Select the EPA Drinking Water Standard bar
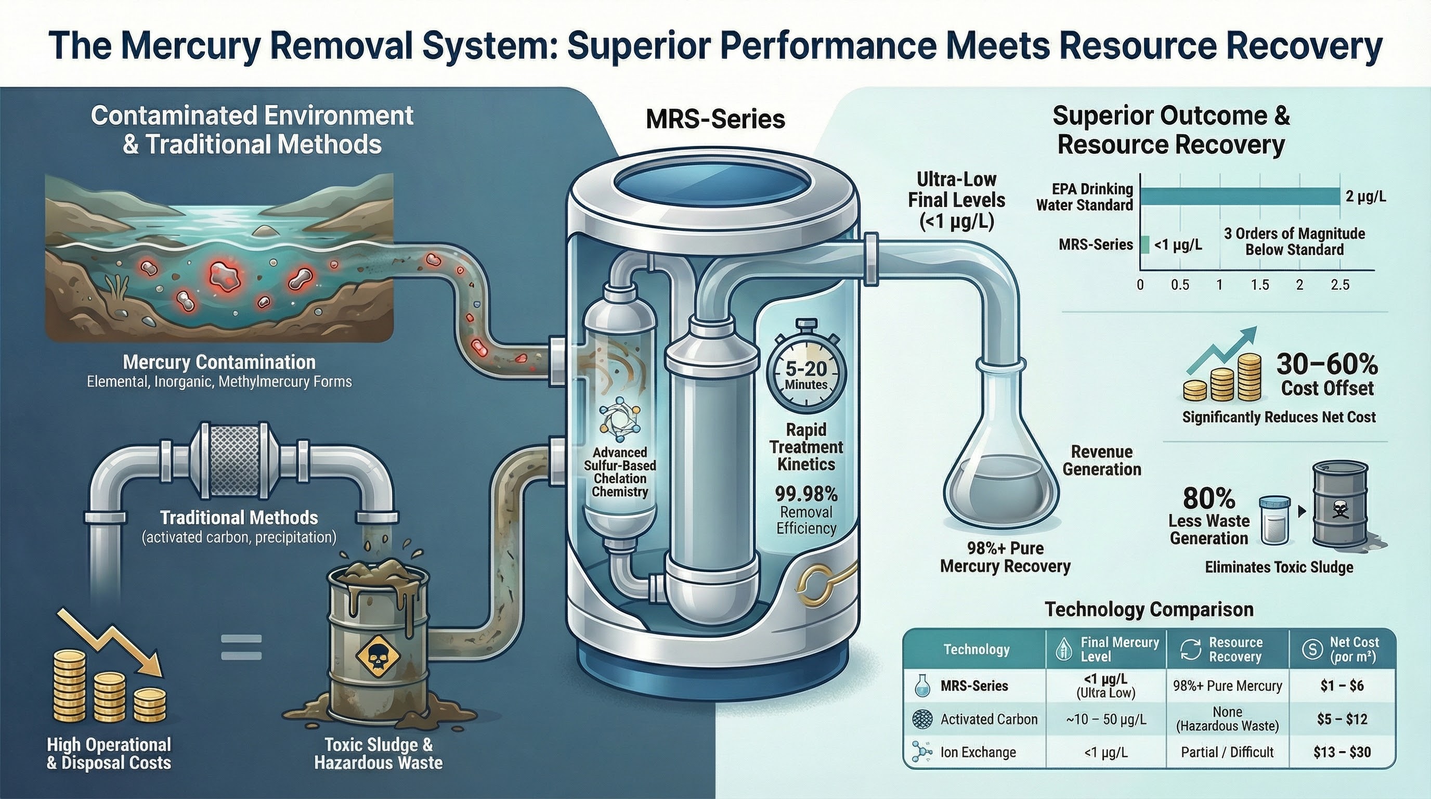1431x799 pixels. click(x=1240, y=197)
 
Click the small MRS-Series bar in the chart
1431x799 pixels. click(x=1144, y=244)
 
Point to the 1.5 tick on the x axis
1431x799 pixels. click(x=1260, y=285)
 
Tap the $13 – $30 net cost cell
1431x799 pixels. click(x=1342, y=752)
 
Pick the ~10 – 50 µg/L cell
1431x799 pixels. click(x=1105, y=719)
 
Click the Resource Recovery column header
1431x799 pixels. click(x=1227, y=650)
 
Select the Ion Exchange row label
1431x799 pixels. click(x=978, y=752)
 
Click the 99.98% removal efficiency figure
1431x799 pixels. click(x=806, y=494)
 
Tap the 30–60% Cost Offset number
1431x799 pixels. click(x=1327, y=365)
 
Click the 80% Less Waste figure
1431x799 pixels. click(x=1209, y=498)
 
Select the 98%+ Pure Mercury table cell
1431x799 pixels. click(x=1227, y=686)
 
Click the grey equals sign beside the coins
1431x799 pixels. click(x=241, y=647)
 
